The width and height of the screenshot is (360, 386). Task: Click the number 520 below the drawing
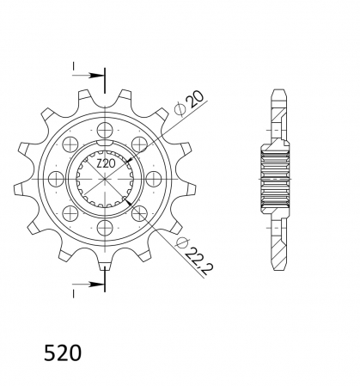63,352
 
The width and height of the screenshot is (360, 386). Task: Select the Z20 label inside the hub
106,162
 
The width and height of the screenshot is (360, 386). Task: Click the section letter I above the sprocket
74,66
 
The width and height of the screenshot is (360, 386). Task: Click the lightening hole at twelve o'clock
106,129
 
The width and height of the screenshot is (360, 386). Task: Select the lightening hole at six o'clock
106,228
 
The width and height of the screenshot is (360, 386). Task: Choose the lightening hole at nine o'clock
57,179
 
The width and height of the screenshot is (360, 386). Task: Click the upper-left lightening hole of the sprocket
71,144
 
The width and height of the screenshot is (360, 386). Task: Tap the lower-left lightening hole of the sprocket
71,213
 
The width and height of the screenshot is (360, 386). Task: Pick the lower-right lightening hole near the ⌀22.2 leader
141,213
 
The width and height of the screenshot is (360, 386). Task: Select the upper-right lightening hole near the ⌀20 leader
141,144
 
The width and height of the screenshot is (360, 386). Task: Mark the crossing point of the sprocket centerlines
106,179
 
